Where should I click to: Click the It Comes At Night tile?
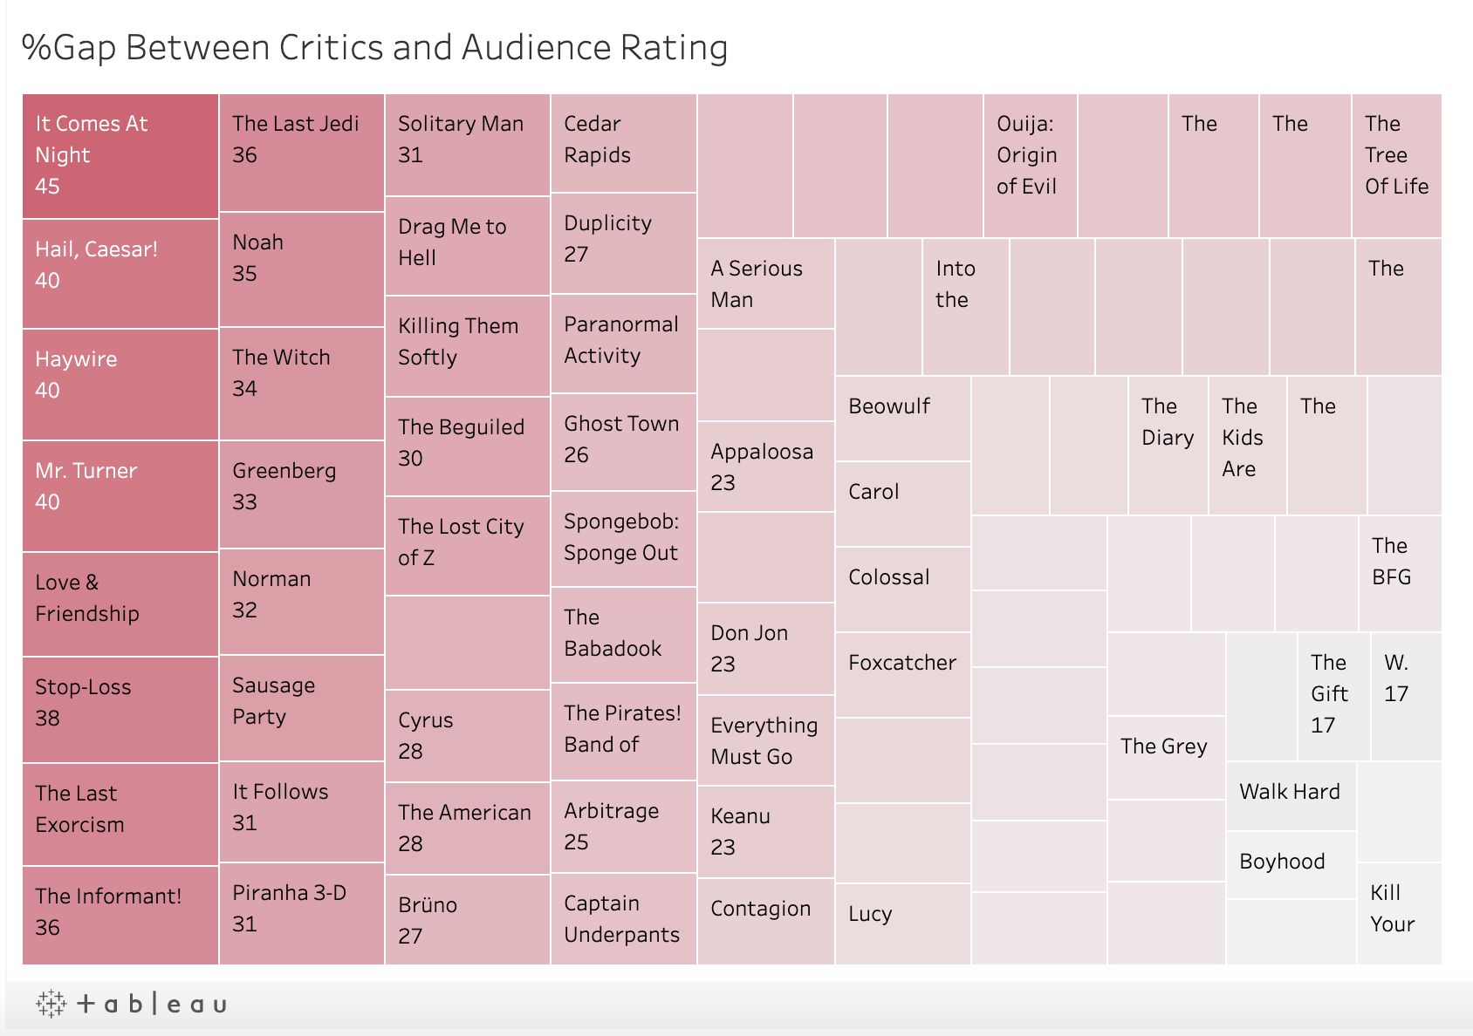coord(120,156)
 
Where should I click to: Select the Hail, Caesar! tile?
coord(120,274)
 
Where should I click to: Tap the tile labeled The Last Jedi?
coord(301,153)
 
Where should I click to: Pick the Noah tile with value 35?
coord(301,269)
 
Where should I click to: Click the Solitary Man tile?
coord(467,145)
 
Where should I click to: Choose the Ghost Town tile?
coord(623,442)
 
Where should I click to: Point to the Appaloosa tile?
coord(765,467)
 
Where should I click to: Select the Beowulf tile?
coord(902,419)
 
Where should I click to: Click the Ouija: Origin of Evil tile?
coord(1030,166)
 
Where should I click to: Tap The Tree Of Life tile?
coord(1396,166)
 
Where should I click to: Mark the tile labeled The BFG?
coord(1400,573)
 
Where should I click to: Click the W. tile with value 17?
coord(1406,696)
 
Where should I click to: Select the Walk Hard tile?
coord(1291,795)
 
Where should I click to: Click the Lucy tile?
coord(902,924)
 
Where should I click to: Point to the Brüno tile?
coord(467,919)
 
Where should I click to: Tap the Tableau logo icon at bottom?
coord(51,1004)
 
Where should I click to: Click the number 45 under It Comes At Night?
coord(47,187)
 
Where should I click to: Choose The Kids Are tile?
coord(1247,445)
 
